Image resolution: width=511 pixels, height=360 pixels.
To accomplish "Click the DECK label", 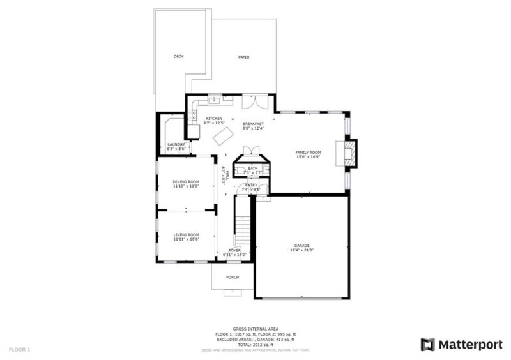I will pos(179,57).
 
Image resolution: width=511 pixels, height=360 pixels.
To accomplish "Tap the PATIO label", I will pos(244,57).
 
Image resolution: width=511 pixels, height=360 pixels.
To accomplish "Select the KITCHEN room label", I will pos(213,119).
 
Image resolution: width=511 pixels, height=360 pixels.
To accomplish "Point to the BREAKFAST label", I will pos(253,124).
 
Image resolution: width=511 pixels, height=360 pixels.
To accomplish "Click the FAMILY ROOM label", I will pos(308,153).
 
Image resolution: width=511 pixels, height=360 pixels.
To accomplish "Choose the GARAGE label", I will pos(302,246).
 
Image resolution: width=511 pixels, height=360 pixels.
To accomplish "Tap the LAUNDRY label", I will pos(176,145).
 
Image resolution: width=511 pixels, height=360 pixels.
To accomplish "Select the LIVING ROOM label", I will pos(187,234).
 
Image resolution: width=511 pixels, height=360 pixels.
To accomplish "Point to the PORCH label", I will pos(233,278).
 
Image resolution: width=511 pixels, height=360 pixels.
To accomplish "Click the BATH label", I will pos(253,169).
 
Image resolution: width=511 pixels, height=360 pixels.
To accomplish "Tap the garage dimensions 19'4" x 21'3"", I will pos(302,250).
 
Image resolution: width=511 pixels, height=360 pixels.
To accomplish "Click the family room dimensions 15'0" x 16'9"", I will pos(308,156).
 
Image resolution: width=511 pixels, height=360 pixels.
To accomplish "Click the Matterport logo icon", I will pos(427,345).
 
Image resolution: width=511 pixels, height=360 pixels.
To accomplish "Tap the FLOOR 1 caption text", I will pos(19,350).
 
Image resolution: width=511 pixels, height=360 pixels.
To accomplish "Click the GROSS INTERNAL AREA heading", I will pos(255,327).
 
